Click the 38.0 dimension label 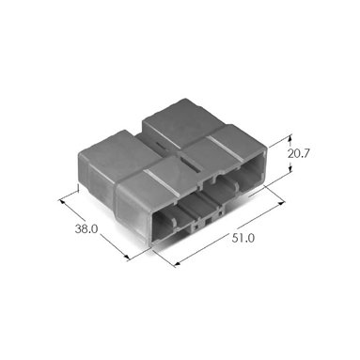click(86, 229)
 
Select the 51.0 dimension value click(243, 238)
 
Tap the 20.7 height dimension click(299, 154)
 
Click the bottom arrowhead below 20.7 click(290, 168)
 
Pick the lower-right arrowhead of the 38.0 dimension click(126, 258)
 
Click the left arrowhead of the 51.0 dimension click(178, 264)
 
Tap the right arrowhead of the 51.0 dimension click(281, 204)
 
